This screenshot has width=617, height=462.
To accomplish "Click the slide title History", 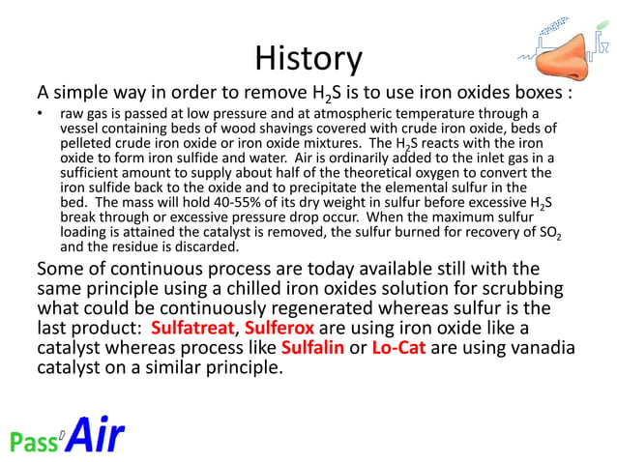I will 308,59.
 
